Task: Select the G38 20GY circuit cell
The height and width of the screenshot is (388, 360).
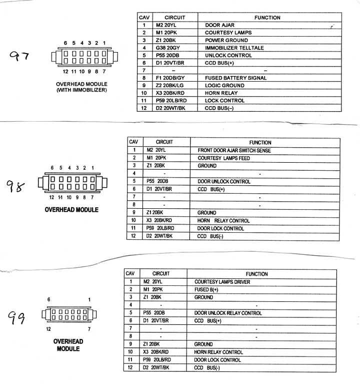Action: [167, 48]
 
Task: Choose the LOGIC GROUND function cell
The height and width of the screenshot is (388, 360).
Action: [224, 86]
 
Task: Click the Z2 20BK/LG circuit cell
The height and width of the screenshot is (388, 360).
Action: [170, 86]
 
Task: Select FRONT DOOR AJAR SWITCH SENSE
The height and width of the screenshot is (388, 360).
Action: [234, 150]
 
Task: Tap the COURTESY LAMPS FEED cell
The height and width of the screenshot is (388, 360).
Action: [223, 158]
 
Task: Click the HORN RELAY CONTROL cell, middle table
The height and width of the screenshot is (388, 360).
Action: [223, 220]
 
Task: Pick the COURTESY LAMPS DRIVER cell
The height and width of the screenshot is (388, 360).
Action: [222, 282]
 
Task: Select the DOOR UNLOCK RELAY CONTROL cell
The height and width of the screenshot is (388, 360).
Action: [227, 313]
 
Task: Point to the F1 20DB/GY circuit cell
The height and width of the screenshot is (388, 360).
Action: [170, 78]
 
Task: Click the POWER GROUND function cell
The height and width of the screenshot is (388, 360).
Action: [226, 40]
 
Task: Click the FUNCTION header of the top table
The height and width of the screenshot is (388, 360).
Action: [267, 18]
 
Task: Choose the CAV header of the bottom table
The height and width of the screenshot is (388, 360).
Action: [130, 274]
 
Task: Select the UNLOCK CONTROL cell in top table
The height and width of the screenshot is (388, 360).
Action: [228, 55]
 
